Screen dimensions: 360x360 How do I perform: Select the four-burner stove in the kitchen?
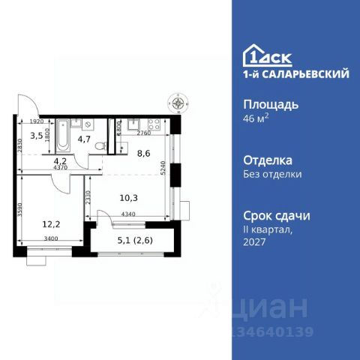tap(156, 126)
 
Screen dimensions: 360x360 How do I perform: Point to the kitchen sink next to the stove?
tap(135, 125)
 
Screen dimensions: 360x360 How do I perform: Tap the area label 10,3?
tap(130, 198)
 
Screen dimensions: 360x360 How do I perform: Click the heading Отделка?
tap(268, 160)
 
